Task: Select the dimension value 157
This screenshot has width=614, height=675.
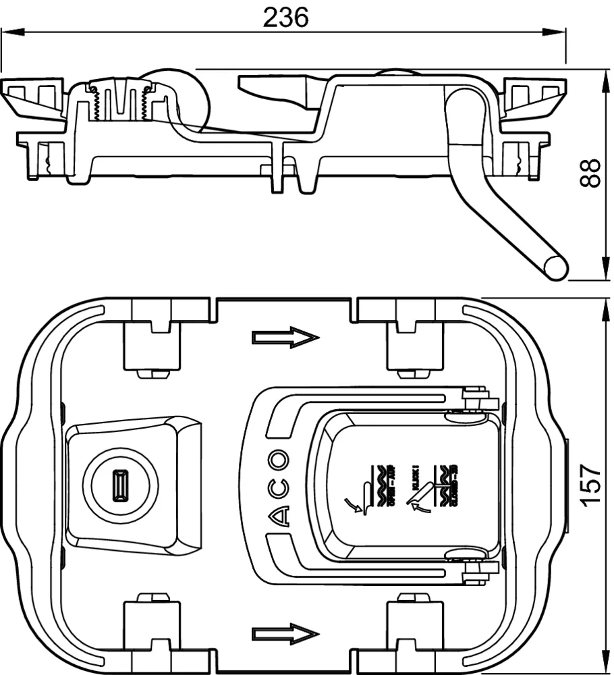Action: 591,485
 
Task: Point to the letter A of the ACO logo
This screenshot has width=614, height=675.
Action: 279,516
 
